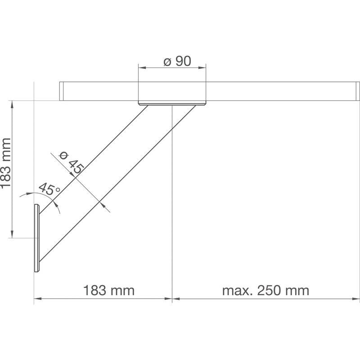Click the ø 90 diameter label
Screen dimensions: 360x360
(177, 61)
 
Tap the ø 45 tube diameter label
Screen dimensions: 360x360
(72, 162)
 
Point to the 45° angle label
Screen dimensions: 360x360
(49, 189)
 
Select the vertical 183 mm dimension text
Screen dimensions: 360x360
(6, 163)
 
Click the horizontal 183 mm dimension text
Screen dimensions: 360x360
(108, 290)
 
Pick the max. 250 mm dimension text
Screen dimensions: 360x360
(265, 290)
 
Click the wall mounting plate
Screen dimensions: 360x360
(37, 238)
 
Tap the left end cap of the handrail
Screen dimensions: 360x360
(61, 91)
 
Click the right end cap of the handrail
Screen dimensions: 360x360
(358, 91)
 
